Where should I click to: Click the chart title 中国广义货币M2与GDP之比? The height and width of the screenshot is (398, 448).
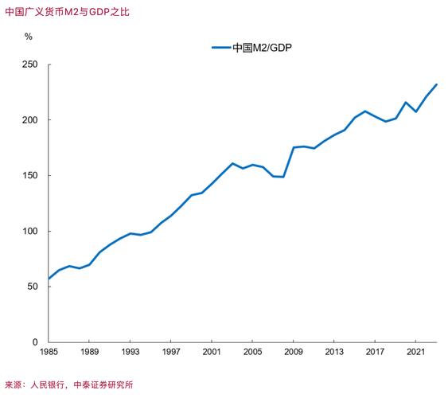(x=66, y=12)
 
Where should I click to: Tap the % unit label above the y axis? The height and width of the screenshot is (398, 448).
(x=29, y=37)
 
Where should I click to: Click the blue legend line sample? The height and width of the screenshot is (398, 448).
(x=220, y=48)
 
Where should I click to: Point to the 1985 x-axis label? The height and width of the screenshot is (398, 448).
(x=49, y=352)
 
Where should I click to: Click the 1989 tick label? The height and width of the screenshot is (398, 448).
(x=89, y=352)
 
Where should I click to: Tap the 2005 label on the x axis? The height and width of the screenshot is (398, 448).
(x=251, y=352)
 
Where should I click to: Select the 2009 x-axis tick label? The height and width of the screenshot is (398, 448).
(x=292, y=352)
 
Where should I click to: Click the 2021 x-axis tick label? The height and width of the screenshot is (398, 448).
(x=414, y=352)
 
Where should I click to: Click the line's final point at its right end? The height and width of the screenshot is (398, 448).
(x=435, y=84)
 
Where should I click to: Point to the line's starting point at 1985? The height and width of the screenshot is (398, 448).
(x=49, y=279)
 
